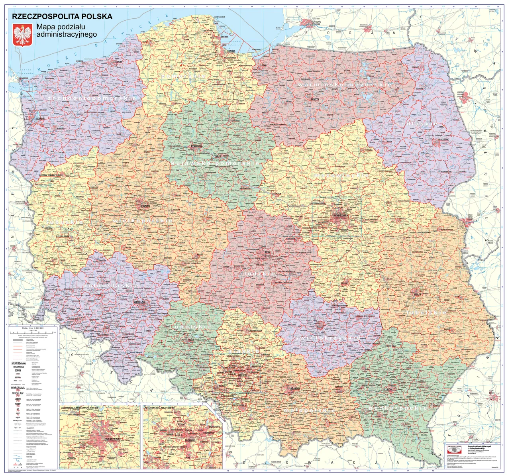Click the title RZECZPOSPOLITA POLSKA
(62, 17)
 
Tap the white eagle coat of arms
(23, 35)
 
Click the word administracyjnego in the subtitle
(67, 35)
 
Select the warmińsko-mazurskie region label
(345, 85)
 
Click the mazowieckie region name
(341, 175)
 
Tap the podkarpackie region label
(398, 408)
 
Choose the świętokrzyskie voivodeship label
(328, 338)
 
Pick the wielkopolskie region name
(142, 220)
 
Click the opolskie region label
(192, 327)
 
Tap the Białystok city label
(443, 139)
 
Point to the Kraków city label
(295, 388)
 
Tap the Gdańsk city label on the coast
(231, 51)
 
